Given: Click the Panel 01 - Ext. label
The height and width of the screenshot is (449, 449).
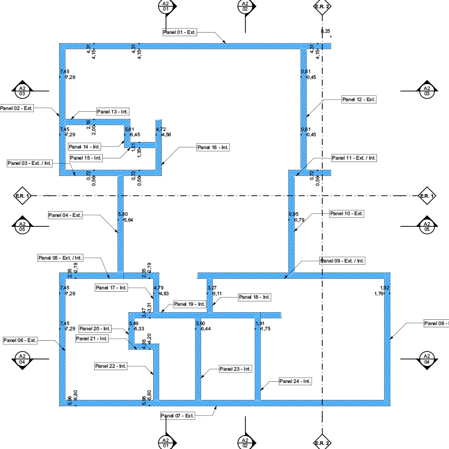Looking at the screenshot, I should [179, 32].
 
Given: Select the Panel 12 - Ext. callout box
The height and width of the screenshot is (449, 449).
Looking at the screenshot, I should [359, 99].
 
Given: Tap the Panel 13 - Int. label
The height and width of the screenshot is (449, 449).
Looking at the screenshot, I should [113, 111].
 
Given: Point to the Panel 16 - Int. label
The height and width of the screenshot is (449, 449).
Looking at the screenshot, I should [213, 147].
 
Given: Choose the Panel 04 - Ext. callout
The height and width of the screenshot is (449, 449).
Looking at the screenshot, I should [65, 215].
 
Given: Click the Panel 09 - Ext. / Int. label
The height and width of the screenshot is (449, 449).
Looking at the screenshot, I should [343, 260].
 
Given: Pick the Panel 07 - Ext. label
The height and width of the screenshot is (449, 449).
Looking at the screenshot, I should [177, 415].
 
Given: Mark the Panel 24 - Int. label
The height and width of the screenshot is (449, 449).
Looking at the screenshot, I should [295, 381].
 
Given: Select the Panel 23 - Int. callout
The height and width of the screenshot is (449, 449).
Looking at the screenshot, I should [235, 369].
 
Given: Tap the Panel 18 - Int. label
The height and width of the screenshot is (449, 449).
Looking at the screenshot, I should [255, 297].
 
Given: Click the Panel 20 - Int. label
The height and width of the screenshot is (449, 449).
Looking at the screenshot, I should [95, 329].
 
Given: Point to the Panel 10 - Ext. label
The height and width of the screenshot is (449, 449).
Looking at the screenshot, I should [347, 213].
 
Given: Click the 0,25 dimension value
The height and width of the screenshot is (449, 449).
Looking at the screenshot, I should [326, 30].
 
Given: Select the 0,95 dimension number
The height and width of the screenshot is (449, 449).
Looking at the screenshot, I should [293, 214].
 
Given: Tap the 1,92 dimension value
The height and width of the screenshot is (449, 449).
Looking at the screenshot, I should [385, 288].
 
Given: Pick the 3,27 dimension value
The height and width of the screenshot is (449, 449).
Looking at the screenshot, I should [212, 288].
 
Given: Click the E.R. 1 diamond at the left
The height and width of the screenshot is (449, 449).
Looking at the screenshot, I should [22, 195].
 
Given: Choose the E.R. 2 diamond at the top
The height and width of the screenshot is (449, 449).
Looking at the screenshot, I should [322, 6].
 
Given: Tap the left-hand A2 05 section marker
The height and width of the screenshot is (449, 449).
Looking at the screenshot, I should [22, 226].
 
